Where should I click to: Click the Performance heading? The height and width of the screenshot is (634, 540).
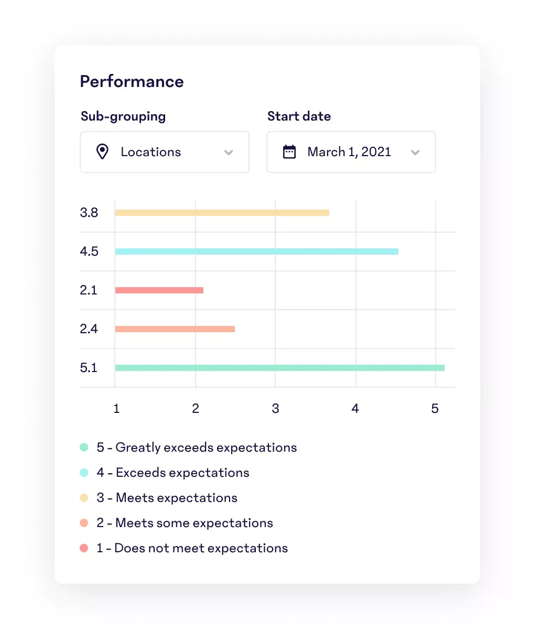pyautogui.click(x=132, y=82)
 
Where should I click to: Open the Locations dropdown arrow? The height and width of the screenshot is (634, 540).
pyautogui.click(x=229, y=152)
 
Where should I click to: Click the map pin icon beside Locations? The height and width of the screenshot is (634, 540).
pyautogui.click(x=102, y=152)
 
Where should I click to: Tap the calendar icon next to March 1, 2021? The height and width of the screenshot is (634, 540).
pyautogui.click(x=289, y=152)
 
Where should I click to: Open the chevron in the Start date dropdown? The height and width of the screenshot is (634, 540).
pyautogui.click(x=415, y=152)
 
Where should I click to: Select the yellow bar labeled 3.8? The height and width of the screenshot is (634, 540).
pyautogui.click(x=222, y=213)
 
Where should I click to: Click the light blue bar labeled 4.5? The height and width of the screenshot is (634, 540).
pyautogui.click(x=256, y=252)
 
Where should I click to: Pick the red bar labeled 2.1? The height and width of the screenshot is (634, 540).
pyautogui.click(x=159, y=290)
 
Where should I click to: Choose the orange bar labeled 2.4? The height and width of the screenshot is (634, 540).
pyautogui.click(x=175, y=329)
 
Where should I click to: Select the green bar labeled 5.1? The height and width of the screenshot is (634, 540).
pyautogui.click(x=279, y=368)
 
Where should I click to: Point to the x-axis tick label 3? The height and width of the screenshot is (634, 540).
pyautogui.click(x=275, y=409)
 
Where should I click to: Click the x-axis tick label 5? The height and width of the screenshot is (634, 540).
pyautogui.click(x=435, y=409)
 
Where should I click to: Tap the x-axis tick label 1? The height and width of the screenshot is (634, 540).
pyautogui.click(x=116, y=409)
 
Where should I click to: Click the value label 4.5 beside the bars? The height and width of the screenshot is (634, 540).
pyautogui.click(x=89, y=252)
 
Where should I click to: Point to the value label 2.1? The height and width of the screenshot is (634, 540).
pyautogui.click(x=89, y=290)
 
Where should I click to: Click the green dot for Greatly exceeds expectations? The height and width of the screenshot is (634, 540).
pyautogui.click(x=84, y=447)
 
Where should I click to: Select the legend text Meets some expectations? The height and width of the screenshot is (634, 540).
pyautogui.click(x=194, y=523)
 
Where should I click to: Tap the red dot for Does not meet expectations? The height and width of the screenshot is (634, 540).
pyautogui.click(x=84, y=548)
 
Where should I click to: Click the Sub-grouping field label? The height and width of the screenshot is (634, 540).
pyautogui.click(x=123, y=116)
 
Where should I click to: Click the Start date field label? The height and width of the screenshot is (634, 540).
pyautogui.click(x=299, y=116)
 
